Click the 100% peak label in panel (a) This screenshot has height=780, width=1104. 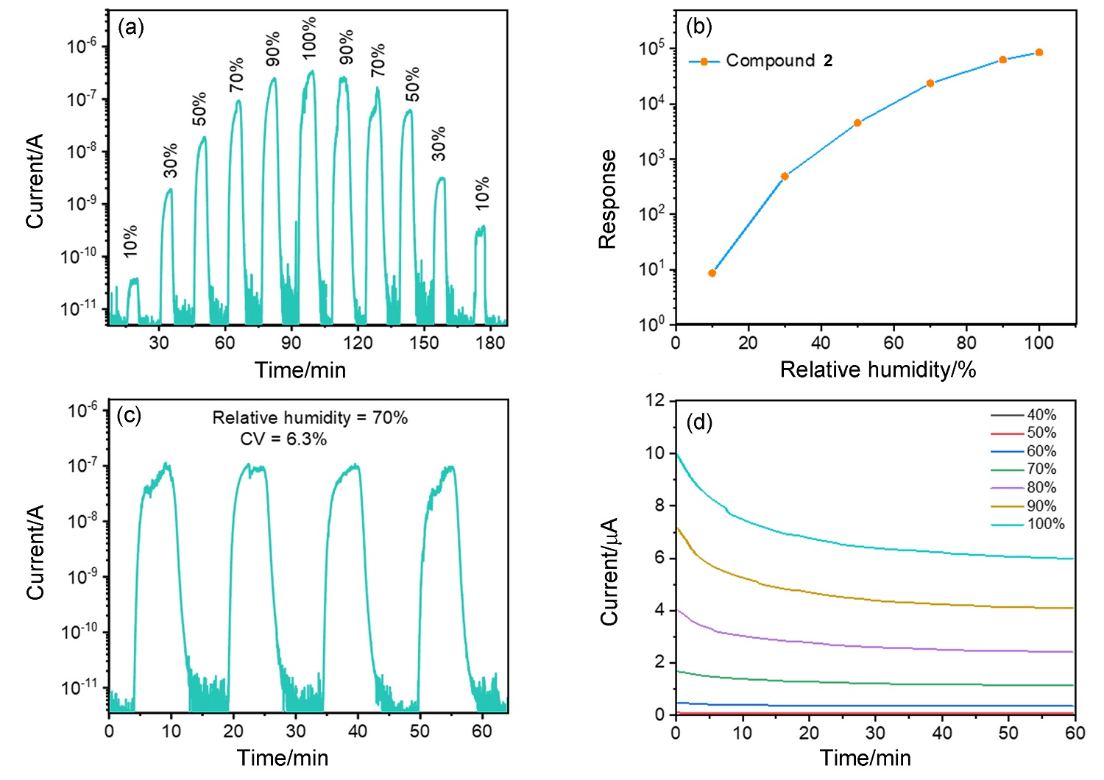(x=309, y=38)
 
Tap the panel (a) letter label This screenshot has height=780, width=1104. (x=131, y=27)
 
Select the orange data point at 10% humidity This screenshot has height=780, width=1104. (x=712, y=273)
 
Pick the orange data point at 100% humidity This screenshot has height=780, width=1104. (x=1039, y=52)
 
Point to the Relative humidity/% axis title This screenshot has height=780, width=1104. (x=877, y=369)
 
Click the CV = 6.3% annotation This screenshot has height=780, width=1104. (x=283, y=439)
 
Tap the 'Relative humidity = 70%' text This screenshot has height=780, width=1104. (x=310, y=418)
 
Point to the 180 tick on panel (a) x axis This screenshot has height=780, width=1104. (x=491, y=342)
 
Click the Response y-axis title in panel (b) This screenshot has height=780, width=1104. (x=607, y=199)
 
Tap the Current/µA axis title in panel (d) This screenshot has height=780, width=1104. (x=609, y=572)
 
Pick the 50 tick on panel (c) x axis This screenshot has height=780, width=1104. (x=420, y=731)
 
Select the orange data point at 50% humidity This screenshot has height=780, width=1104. (x=857, y=123)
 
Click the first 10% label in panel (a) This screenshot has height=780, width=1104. (x=130, y=241)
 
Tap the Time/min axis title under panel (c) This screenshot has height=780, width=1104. (x=283, y=758)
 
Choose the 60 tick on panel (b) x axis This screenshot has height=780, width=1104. (x=894, y=342)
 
